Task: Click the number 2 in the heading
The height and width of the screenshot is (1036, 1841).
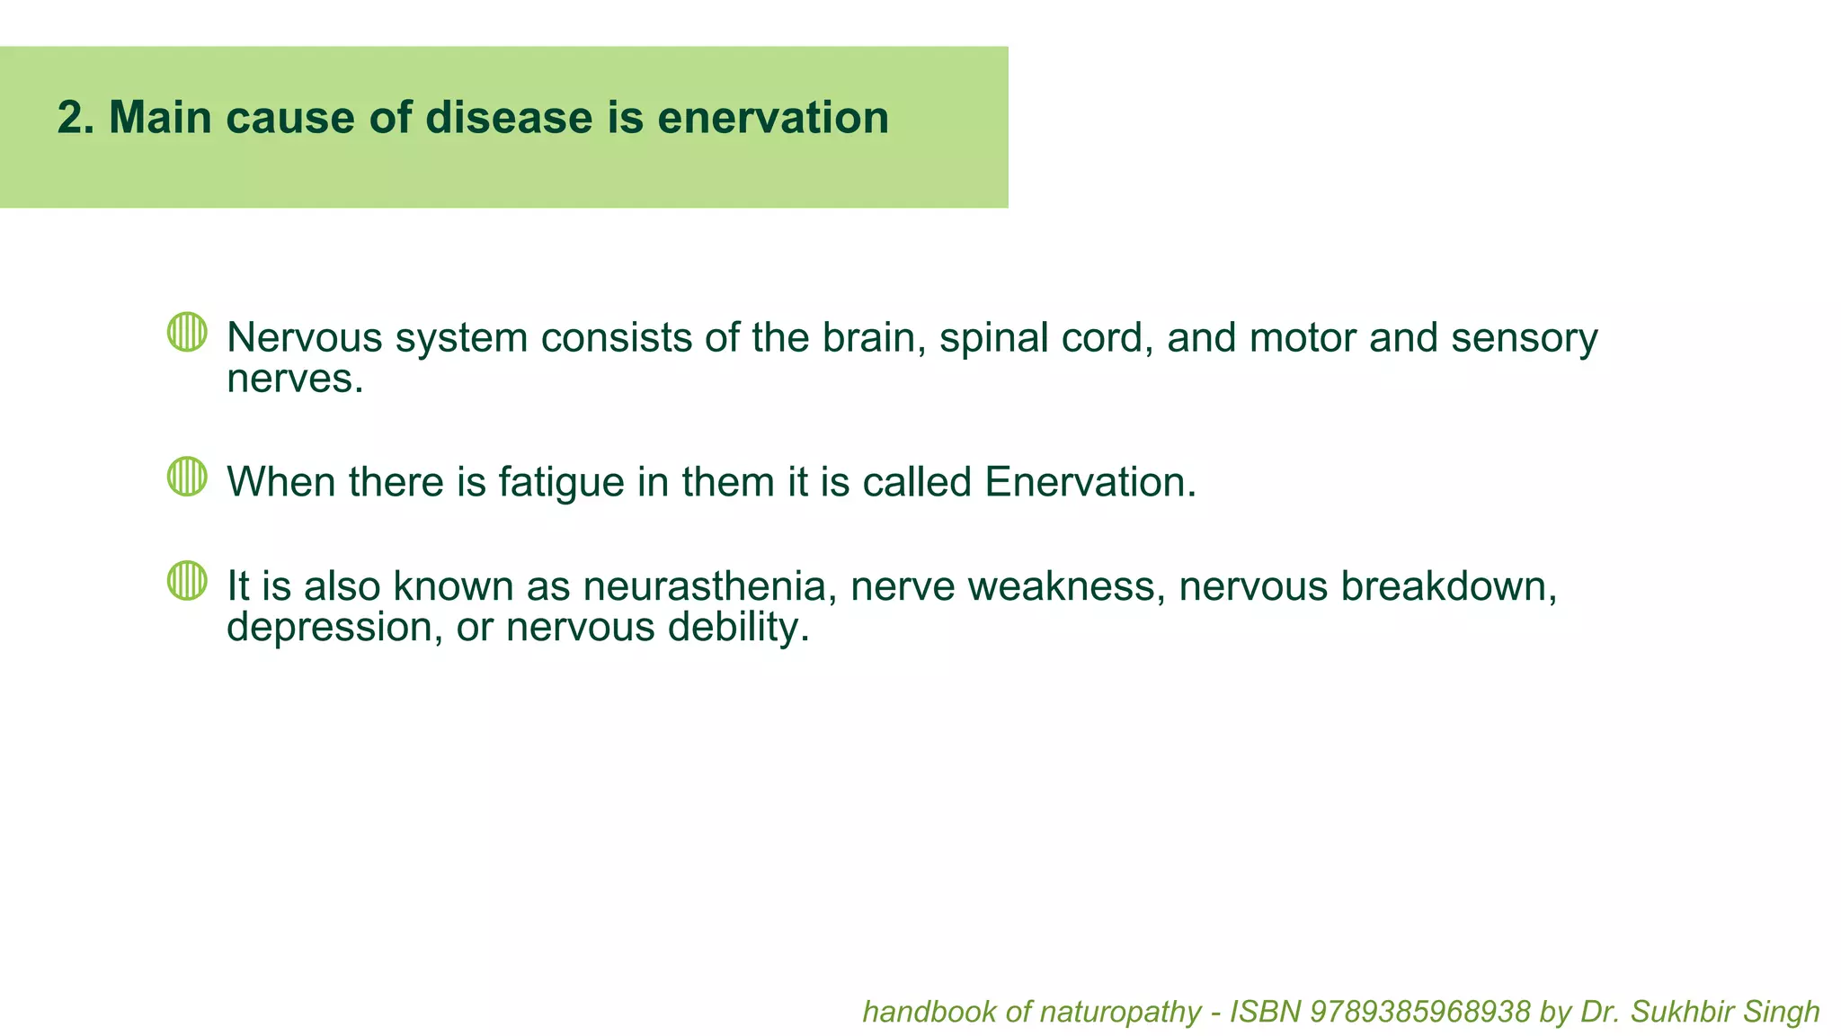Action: pyautogui.click(x=71, y=118)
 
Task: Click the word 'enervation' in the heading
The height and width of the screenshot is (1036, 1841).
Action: pyautogui.click(x=773, y=118)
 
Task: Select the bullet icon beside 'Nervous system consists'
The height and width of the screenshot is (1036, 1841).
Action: pyautogui.click(x=187, y=332)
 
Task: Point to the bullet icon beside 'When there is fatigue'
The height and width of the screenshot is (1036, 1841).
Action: pyautogui.click(x=187, y=476)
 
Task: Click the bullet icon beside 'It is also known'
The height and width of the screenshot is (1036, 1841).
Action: pyautogui.click(x=187, y=580)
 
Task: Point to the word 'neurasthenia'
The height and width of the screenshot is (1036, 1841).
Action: pyautogui.click(x=704, y=586)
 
